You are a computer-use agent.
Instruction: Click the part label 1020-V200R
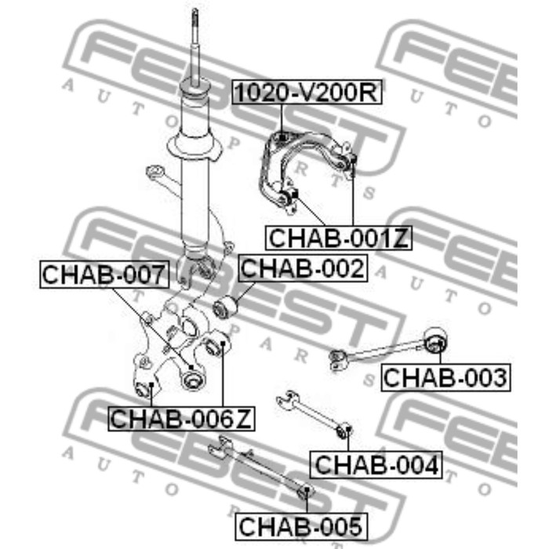coord(307,92)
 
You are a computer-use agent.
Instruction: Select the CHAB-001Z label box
coord(339,238)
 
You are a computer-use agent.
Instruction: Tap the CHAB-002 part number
coord(303,268)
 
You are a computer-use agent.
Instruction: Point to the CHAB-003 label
coord(445,377)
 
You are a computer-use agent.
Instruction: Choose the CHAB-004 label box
coord(376,464)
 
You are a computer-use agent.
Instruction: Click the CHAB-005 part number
coord(301,526)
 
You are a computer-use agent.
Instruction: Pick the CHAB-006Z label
coord(181,418)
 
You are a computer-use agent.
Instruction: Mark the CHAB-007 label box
coord(104,274)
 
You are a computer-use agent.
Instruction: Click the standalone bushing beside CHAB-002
coord(225,307)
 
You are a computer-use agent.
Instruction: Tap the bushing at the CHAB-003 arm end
coord(435,340)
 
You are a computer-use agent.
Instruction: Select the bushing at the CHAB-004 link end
coord(344,431)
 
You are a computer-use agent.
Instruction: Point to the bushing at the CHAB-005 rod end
coord(305,493)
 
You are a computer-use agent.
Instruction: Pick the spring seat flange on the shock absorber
coord(195,147)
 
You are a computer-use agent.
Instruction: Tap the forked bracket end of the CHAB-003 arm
coord(338,360)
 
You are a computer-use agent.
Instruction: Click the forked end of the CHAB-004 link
coord(288,400)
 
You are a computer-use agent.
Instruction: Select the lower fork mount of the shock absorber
coord(194,268)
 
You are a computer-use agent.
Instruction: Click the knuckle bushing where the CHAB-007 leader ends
coord(191,379)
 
